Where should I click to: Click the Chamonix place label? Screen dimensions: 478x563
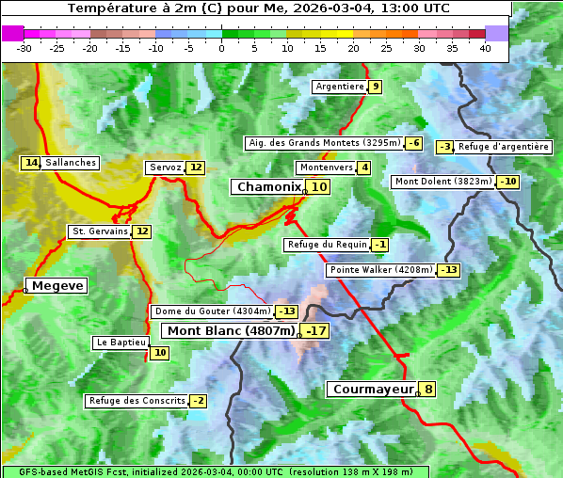[x=268, y=187]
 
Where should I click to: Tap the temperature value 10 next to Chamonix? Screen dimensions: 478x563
[x=320, y=187]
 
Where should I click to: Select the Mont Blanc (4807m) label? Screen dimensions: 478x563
[x=231, y=330]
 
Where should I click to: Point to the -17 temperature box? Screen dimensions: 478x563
[x=316, y=330]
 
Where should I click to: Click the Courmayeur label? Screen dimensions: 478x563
[x=373, y=389]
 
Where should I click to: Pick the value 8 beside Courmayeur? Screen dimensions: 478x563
[x=428, y=389]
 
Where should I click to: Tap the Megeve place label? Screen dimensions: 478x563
[x=57, y=285]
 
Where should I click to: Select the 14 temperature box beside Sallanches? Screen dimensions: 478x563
[x=31, y=163]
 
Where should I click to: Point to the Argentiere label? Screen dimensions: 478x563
[x=340, y=87]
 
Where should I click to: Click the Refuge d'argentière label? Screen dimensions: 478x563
[x=504, y=147]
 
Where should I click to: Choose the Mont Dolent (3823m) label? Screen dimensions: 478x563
[x=443, y=182]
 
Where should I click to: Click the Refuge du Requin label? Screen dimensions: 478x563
[x=326, y=245]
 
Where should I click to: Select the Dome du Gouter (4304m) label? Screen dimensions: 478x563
[x=212, y=311]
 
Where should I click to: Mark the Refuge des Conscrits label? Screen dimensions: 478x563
[x=137, y=401]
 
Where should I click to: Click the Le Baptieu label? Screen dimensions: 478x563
[x=121, y=343]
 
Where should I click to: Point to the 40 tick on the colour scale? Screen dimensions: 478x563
[x=485, y=48]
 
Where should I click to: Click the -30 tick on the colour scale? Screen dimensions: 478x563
[x=24, y=48]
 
